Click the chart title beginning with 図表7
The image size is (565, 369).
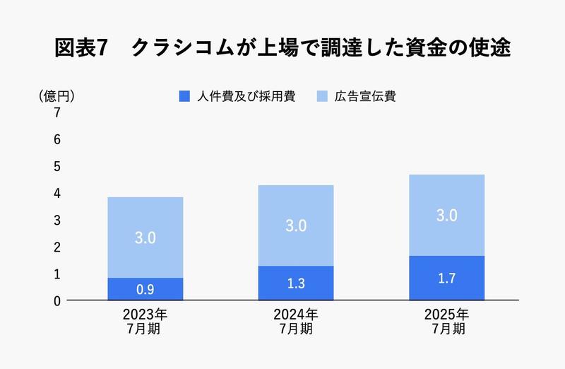(x=282, y=49)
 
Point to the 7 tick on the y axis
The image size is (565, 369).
(x=56, y=113)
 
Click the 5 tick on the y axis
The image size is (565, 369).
(x=56, y=167)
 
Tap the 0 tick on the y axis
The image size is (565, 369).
(x=56, y=300)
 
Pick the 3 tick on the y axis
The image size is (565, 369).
(x=56, y=221)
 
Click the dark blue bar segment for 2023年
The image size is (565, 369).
(x=145, y=288)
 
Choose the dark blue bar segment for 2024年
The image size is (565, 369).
(x=295, y=283)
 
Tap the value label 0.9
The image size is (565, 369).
(x=145, y=289)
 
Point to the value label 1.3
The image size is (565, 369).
(x=295, y=283)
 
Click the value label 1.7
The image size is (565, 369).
(x=446, y=278)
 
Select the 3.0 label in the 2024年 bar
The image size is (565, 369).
(x=295, y=226)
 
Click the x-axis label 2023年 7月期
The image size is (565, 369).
(x=145, y=321)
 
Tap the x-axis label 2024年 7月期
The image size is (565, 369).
(x=295, y=321)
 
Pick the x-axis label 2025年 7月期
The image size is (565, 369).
(x=446, y=321)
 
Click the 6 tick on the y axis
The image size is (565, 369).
(x=56, y=140)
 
